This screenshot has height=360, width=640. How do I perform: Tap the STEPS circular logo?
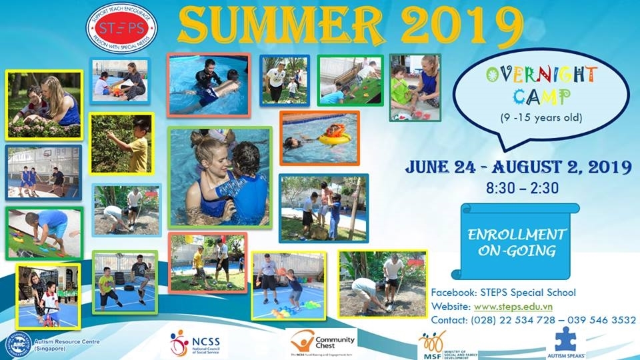pyautogui.click(x=121, y=29)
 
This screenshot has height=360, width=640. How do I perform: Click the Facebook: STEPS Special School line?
pyautogui.click(x=503, y=293)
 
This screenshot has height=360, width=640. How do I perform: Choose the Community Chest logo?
pyautogui.click(x=322, y=343)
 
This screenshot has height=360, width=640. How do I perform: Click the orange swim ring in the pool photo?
pyautogui.click(x=333, y=136)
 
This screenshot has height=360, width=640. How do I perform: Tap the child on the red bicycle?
pyautogui.click(x=47, y=307)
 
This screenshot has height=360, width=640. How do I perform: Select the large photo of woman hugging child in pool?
pyautogui.click(x=220, y=177)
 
